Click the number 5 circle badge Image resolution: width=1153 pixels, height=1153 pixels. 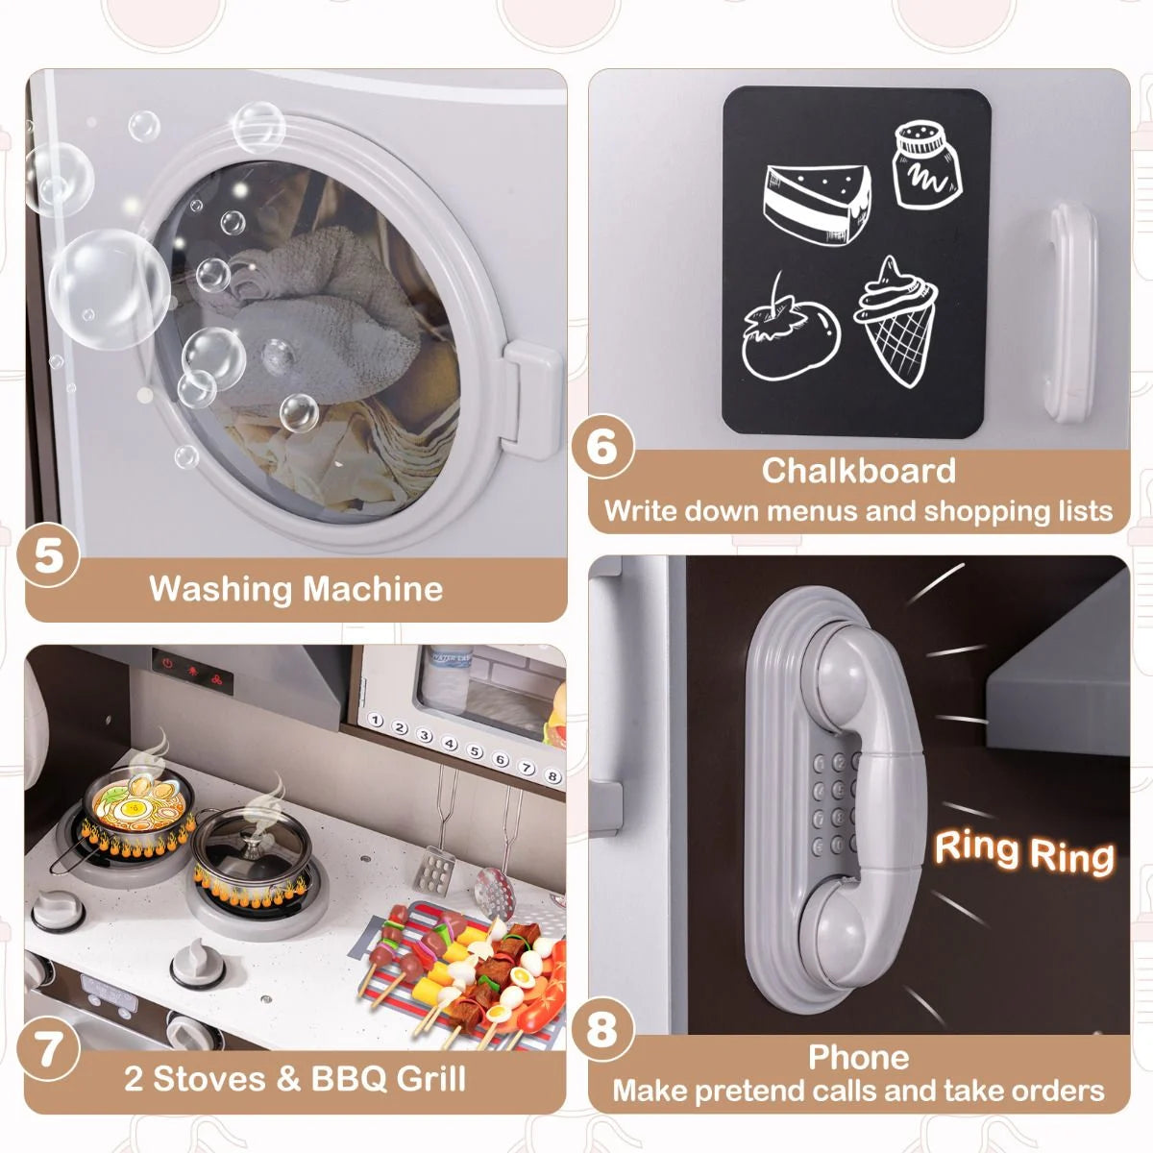49,556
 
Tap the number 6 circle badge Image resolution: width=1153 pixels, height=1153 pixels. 602,447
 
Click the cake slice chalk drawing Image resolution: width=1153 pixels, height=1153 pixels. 817,203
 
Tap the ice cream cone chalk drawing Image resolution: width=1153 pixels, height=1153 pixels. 895,321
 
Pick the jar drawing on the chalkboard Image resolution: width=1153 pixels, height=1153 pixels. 927,164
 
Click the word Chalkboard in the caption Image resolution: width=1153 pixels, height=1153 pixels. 859,470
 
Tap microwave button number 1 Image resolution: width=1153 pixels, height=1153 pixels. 375,721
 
